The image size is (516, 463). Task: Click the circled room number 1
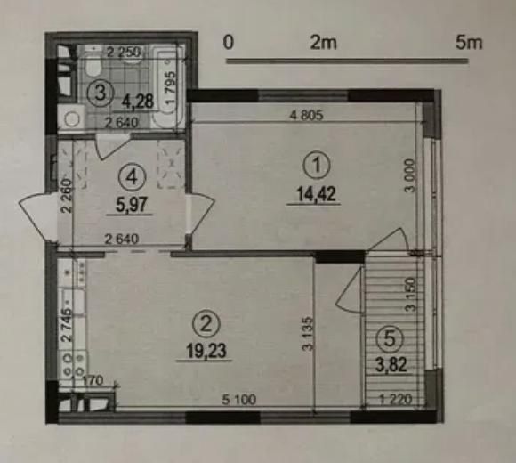314,165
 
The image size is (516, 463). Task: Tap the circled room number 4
131,177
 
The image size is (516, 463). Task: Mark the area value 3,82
388,362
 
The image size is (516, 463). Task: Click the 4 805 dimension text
305,114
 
